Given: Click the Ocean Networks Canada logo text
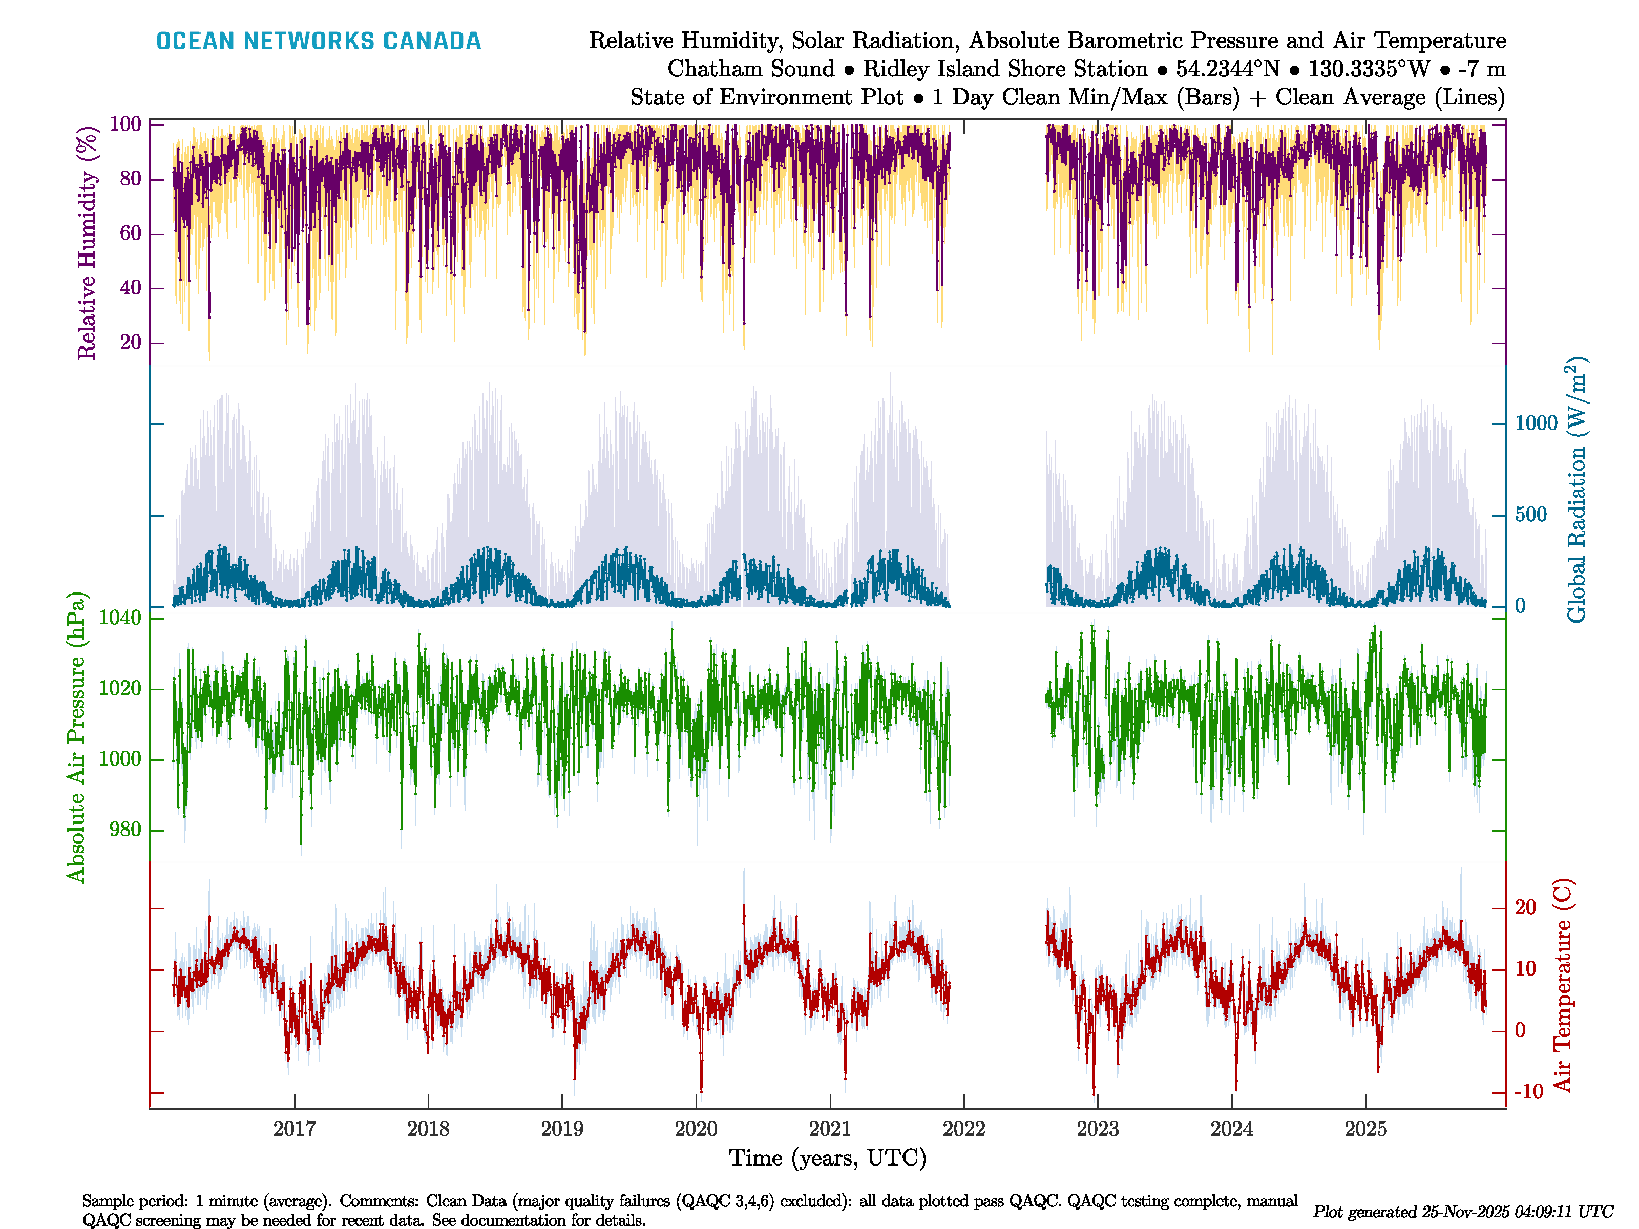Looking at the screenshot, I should point(318,41).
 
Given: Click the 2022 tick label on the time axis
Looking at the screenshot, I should point(963,1129).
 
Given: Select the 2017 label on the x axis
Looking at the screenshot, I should point(294,1129).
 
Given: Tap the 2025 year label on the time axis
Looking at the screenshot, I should point(1365,1129).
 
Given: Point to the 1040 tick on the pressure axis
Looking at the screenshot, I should point(120,618).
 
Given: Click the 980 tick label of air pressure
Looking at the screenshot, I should point(125,830).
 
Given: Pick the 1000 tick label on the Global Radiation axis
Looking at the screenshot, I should point(1536,423).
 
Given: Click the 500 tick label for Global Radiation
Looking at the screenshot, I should point(1531,515).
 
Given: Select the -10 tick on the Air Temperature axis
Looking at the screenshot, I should point(1528,1092).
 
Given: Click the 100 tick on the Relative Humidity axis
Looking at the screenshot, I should point(125,124).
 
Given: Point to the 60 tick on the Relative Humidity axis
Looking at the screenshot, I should point(131,234).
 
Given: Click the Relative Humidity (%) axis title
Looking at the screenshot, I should point(88,243).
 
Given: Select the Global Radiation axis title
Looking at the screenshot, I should point(1576,491).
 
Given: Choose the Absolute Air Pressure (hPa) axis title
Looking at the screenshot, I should point(76,737).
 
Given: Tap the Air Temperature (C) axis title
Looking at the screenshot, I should point(1562,985).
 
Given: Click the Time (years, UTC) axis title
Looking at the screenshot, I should point(828,1158).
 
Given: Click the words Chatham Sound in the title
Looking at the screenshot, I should point(750,69).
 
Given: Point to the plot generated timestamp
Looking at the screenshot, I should point(1463,1212).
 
